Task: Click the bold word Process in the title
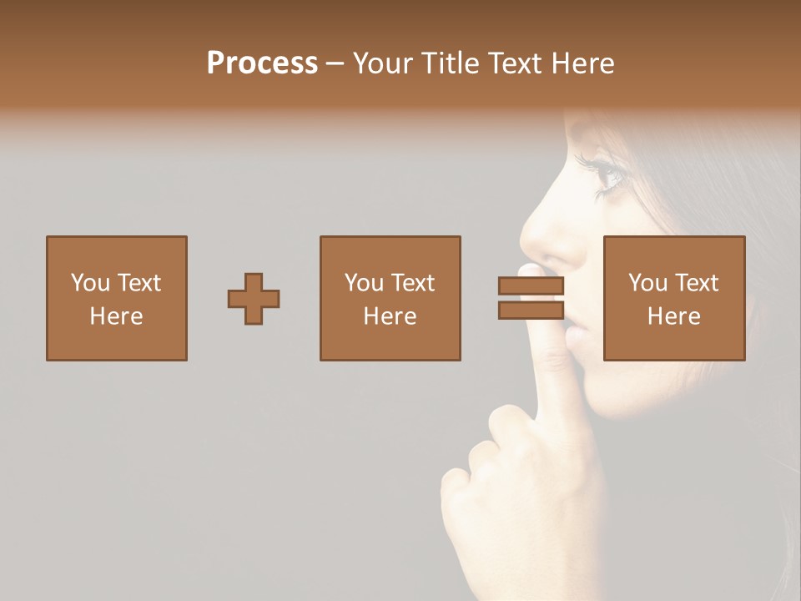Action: click(x=262, y=63)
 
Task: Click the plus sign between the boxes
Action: click(x=254, y=299)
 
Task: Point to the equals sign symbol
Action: click(x=531, y=298)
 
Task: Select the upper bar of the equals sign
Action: click(x=531, y=286)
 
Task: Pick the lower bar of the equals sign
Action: click(x=531, y=311)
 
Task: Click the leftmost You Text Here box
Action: click(x=117, y=299)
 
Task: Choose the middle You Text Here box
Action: click(x=390, y=299)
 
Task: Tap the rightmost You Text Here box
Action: click(x=674, y=299)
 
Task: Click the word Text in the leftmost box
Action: click(x=139, y=283)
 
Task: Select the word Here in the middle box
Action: click(x=390, y=316)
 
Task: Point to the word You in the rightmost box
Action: click(x=647, y=283)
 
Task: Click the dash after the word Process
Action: click(x=335, y=63)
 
